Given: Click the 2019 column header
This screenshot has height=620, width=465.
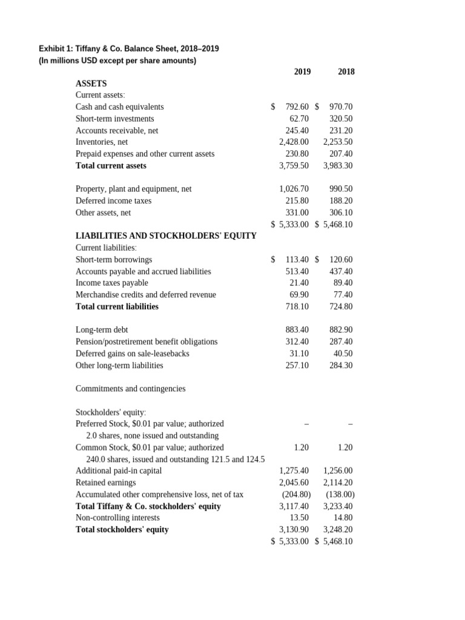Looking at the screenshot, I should click(x=302, y=72).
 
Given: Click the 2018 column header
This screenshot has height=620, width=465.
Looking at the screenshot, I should click(x=346, y=72).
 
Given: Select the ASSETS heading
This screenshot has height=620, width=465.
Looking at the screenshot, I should click(x=91, y=84).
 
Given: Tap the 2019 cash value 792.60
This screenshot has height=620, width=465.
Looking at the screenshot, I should click(x=297, y=107).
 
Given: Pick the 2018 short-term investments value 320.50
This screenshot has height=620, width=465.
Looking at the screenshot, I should click(x=341, y=119).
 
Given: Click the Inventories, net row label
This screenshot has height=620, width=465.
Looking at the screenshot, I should click(x=101, y=142).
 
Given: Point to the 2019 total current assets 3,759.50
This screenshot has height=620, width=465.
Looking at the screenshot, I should click(x=294, y=166).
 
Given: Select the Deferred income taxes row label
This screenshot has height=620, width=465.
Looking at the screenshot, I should click(x=113, y=201).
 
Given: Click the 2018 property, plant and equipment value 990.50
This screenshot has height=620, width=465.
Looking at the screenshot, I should click(x=341, y=189).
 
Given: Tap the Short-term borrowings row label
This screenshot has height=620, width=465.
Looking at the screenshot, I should click(x=114, y=260).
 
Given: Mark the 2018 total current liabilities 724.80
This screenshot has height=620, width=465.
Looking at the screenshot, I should click(x=341, y=307).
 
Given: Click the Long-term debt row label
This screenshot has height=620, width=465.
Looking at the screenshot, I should click(x=102, y=330).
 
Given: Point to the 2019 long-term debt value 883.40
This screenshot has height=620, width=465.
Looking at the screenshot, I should click(x=297, y=330).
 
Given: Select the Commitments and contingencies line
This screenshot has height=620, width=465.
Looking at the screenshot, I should click(x=130, y=389).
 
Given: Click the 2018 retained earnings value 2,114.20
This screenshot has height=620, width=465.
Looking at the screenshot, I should click(x=338, y=483).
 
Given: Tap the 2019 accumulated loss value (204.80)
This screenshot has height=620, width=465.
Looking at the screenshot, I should click(x=296, y=495).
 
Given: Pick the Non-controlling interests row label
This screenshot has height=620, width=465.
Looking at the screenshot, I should click(x=117, y=518).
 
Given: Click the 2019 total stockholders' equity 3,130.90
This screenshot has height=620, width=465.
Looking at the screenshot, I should click(x=294, y=530).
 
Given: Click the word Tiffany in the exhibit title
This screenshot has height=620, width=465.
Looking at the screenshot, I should click(x=88, y=48).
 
